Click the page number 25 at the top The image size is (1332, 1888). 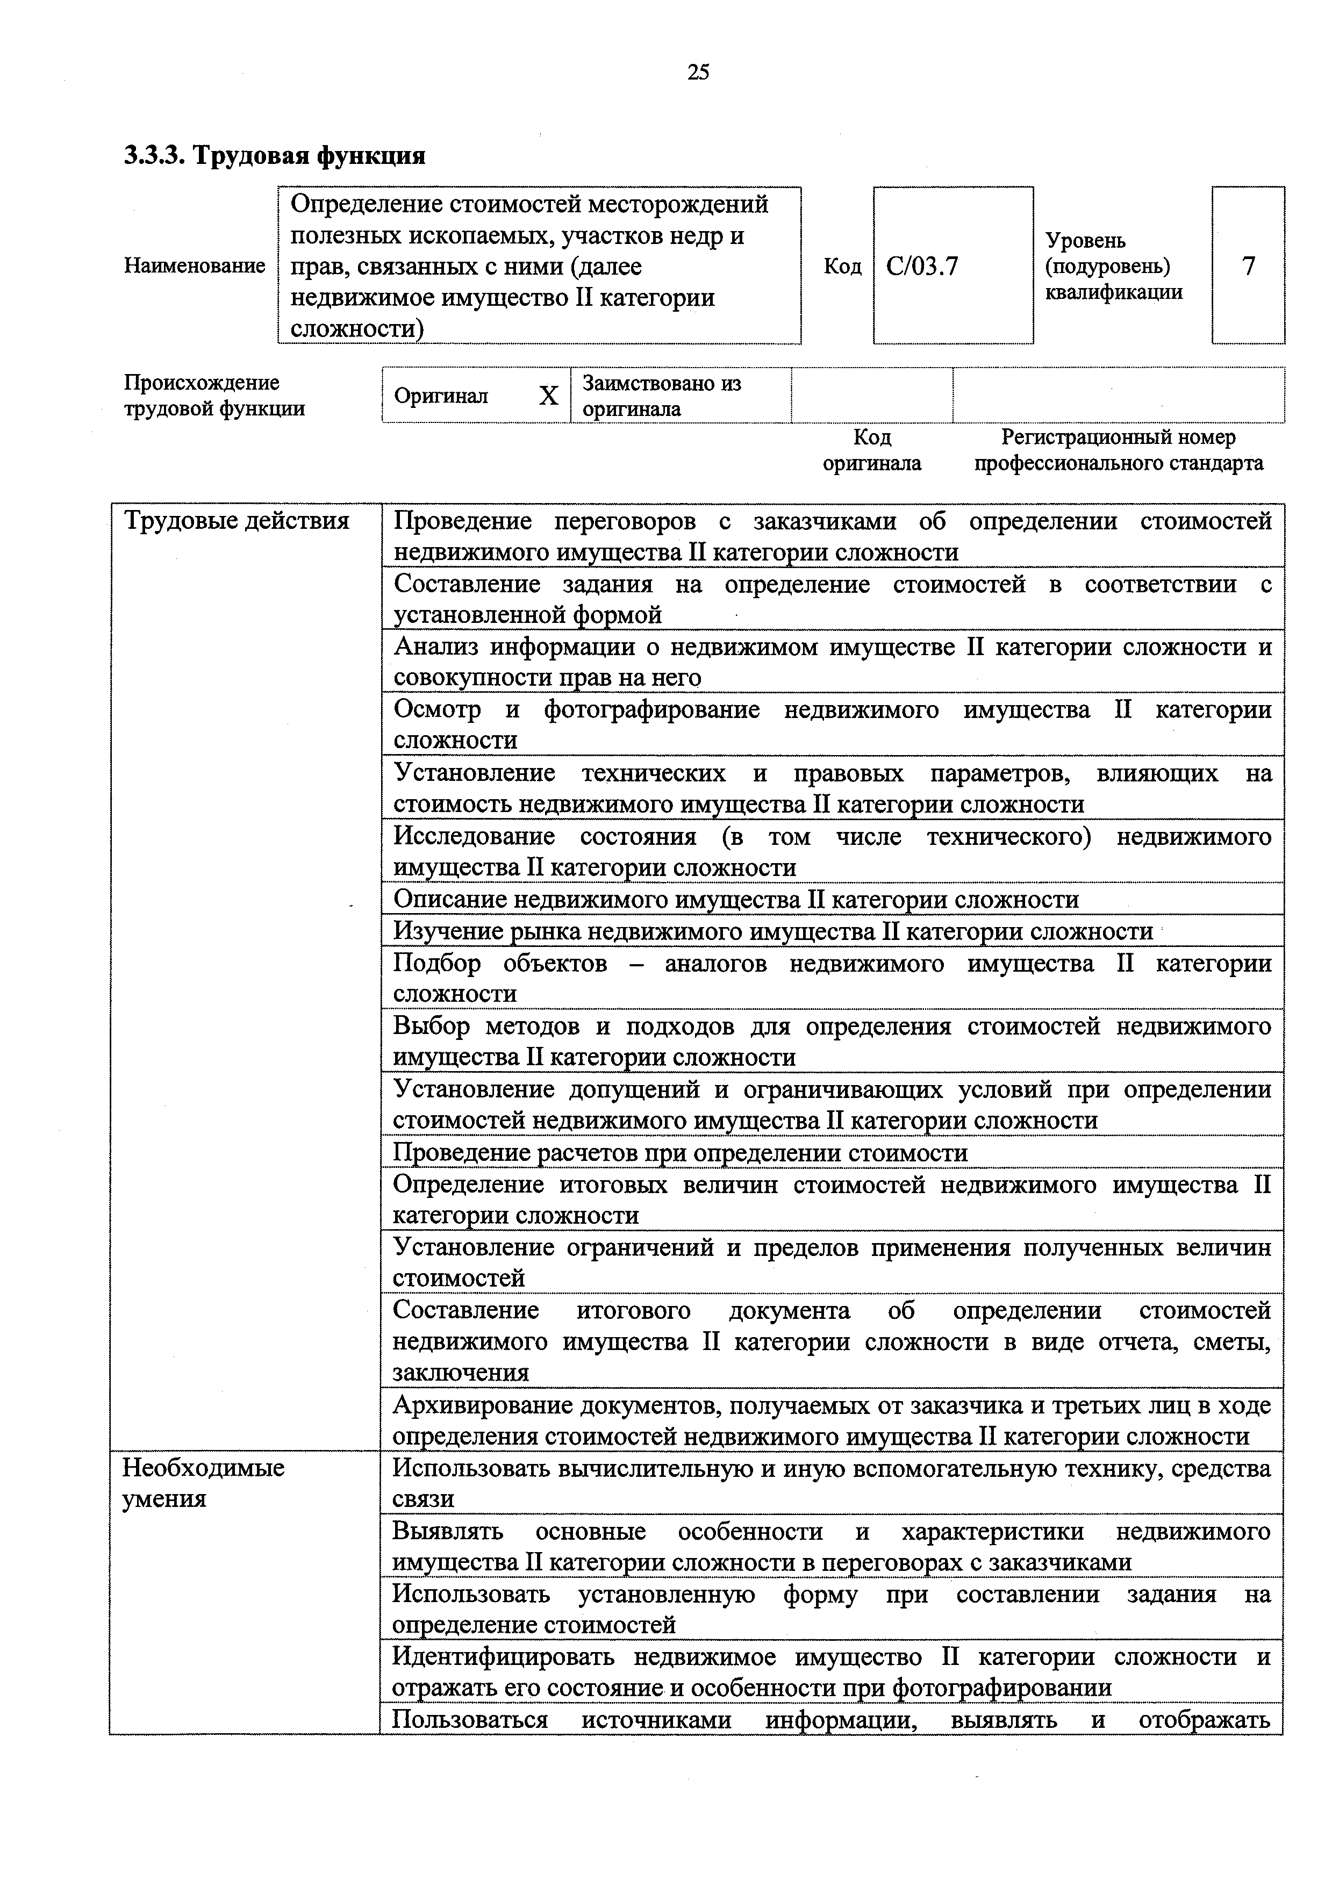pyautogui.click(x=697, y=73)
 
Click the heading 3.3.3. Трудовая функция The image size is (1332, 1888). pyautogui.click(x=275, y=155)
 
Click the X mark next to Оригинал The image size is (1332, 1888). pyautogui.click(x=548, y=396)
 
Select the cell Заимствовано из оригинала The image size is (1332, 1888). pyautogui.click(x=662, y=396)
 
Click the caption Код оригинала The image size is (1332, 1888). pyautogui.click(x=871, y=450)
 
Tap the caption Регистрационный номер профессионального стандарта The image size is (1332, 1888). pyautogui.click(x=1118, y=450)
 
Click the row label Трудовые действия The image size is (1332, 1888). pyautogui.click(x=236, y=521)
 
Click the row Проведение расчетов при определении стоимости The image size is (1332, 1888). pyautogui.click(x=680, y=1153)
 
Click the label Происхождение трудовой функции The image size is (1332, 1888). pyautogui.click(x=214, y=396)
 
